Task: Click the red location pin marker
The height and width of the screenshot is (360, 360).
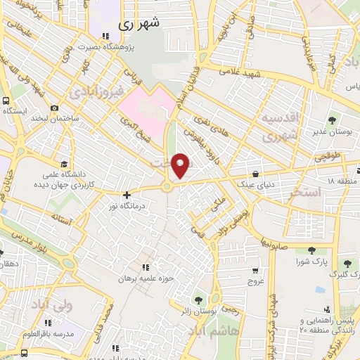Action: [x=181, y=165]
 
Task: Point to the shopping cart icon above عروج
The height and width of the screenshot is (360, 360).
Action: [x=255, y=270]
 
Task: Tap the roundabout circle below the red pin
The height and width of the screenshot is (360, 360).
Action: [x=167, y=186]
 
